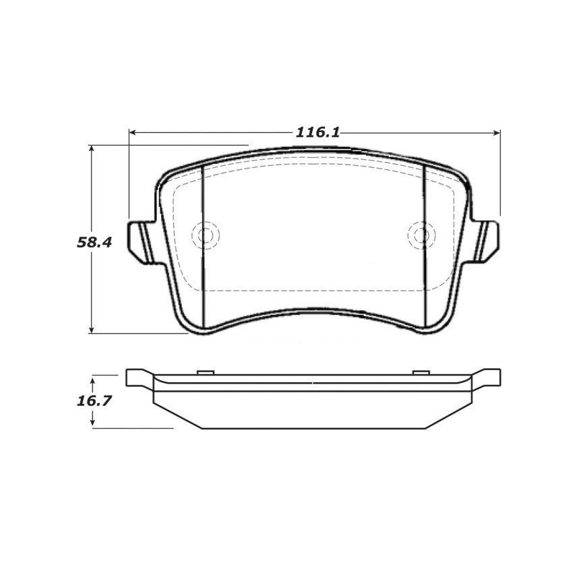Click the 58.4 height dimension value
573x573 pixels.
pyautogui.click(x=94, y=243)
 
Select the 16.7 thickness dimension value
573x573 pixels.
pyautogui.click(x=93, y=400)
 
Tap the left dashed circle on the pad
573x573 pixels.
pyautogui.click(x=206, y=235)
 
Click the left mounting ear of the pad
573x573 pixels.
pyautogui.click(x=142, y=239)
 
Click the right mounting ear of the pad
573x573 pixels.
pyautogui.click(x=487, y=239)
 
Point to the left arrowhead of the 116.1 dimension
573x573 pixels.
pyautogui.click(x=133, y=132)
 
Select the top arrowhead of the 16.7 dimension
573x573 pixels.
pyautogui.click(x=93, y=378)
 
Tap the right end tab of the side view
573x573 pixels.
pyautogui.click(x=488, y=377)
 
